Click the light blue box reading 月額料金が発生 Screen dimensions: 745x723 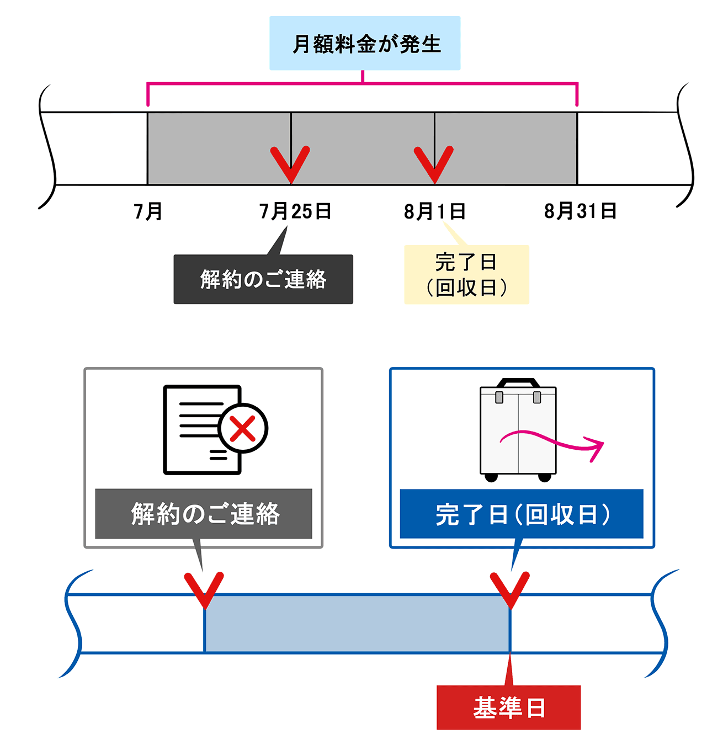[365, 43]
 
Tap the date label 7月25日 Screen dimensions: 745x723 [295, 211]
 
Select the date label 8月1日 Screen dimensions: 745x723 [434, 211]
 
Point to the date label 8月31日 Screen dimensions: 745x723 [580, 211]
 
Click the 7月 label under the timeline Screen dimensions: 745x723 [148, 211]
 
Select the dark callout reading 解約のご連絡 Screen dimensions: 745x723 [263, 279]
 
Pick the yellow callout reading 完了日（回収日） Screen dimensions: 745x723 [466, 274]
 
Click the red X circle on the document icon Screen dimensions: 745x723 [242, 429]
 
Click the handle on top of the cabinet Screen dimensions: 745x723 [518, 382]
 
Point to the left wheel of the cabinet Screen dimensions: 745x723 [491, 477]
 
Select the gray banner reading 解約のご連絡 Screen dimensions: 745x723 [204, 514]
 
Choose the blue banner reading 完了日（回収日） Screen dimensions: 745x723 [522, 514]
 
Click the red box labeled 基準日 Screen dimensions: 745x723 [508, 707]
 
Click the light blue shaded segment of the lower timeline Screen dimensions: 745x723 [357, 624]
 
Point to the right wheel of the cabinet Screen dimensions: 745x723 [545, 477]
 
